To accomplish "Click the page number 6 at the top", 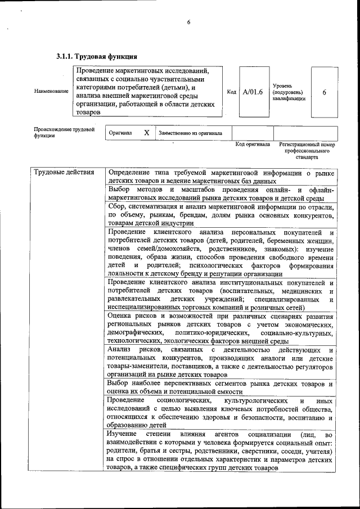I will point(189,22).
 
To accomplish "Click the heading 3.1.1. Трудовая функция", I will point(97,56).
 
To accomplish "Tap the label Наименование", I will point(48,92).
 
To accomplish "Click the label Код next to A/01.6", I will point(231,92).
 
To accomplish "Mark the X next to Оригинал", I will point(147,133).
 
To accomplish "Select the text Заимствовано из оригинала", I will point(191,133).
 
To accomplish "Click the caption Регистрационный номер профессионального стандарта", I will point(307,151).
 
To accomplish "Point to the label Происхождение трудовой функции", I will point(64,133).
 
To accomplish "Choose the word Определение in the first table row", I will point(130,172).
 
